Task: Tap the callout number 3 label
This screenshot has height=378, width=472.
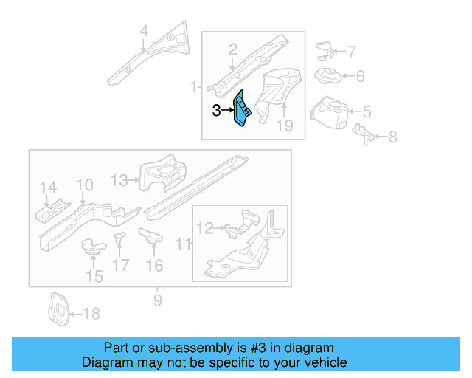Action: pyautogui.click(x=216, y=111)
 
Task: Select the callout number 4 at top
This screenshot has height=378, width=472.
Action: pyautogui.click(x=144, y=31)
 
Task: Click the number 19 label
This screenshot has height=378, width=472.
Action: pyautogui.click(x=285, y=126)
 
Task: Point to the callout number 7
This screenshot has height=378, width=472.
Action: pyautogui.click(x=351, y=52)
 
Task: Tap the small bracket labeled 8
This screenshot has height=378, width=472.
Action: pyautogui.click(x=364, y=134)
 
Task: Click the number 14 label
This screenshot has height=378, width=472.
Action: pyautogui.click(x=48, y=187)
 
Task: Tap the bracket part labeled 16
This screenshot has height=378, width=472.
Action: pyautogui.click(x=153, y=237)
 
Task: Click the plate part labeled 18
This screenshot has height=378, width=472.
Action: pyautogui.click(x=57, y=309)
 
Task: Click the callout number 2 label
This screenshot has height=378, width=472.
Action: pyautogui.click(x=232, y=49)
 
